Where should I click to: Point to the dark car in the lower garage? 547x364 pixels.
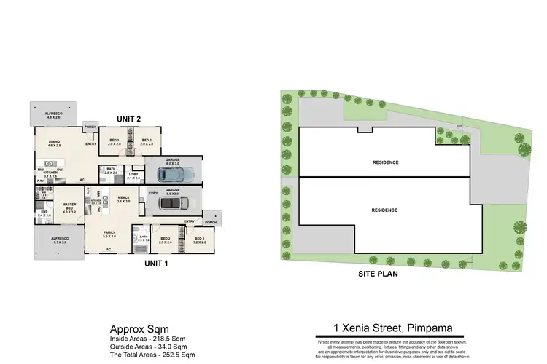coord(174,203)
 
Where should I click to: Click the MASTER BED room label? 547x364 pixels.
coord(70,207)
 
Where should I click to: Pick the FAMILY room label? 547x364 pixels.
coord(109,234)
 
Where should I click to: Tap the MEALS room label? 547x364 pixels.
coord(123,197)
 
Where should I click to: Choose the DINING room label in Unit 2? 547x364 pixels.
coord(55,144)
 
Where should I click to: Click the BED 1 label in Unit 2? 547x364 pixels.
coord(115,141)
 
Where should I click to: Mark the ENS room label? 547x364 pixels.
coord(44,213)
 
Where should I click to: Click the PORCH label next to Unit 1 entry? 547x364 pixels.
coord(211,223)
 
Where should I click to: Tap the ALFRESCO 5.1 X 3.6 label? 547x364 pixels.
coord(59,240)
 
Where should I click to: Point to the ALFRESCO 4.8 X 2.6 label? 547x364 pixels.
coord(52,114)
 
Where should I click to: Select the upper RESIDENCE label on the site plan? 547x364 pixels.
coord(385,162)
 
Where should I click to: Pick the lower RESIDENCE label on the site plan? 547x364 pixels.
coord(384,210)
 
